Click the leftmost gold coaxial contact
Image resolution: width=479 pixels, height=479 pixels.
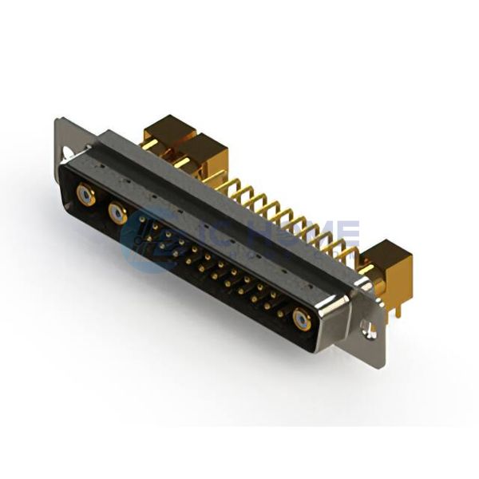click(x=85, y=193)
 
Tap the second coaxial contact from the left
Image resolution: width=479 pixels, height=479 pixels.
click(x=117, y=213)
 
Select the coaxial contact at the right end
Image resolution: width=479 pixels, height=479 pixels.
click(x=302, y=320)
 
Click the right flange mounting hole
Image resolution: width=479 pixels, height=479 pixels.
click(x=368, y=327)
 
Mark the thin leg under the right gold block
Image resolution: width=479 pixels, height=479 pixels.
click(x=389, y=307)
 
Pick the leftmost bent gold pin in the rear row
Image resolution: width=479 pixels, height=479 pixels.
click(x=227, y=185)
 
